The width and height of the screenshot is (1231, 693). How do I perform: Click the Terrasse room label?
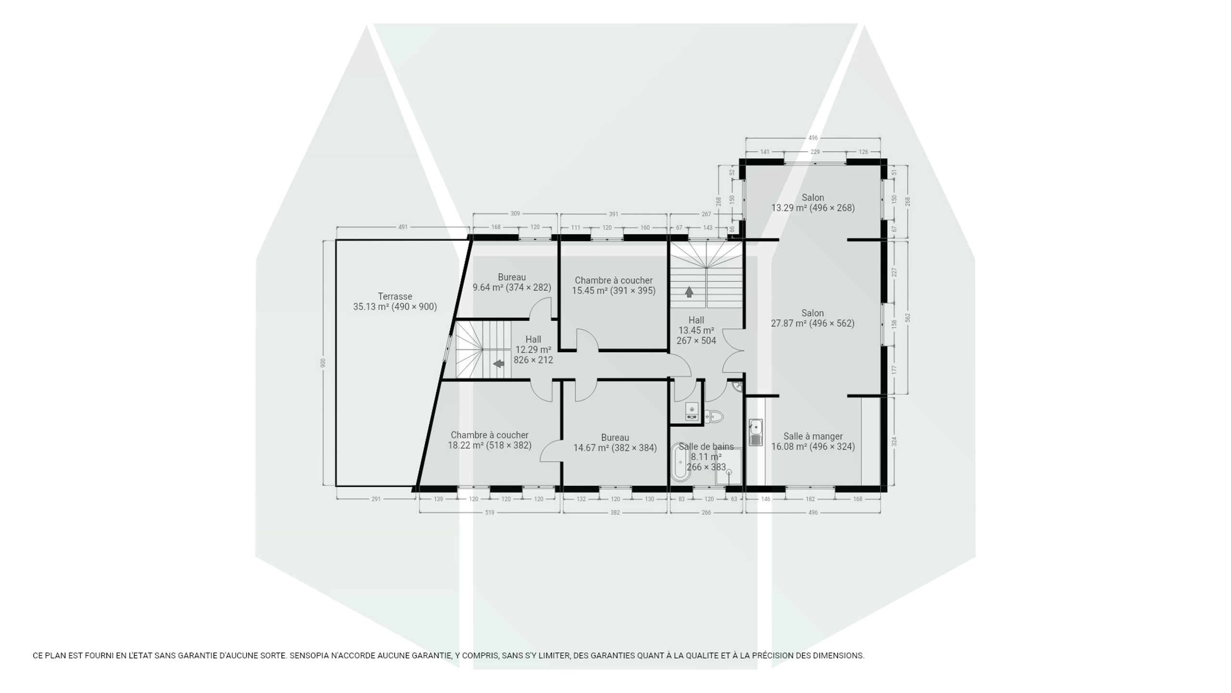(395, 302)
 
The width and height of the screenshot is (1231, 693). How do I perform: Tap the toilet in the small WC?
(714, 416)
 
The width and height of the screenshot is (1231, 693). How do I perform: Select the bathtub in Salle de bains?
(680, 462)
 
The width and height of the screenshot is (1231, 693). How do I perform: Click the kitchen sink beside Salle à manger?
(755, 432)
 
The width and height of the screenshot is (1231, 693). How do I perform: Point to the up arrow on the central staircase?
(689, 292)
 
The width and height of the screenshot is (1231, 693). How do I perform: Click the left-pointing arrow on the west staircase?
(499, 363)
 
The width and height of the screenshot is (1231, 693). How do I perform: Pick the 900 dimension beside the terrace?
(323, 362)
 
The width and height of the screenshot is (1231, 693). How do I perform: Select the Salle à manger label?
(813, 436)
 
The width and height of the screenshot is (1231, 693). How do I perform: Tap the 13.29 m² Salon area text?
(813, 208)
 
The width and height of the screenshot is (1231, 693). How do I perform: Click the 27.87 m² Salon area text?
(813, 323)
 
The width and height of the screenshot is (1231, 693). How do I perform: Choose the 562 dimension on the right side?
(907, 318)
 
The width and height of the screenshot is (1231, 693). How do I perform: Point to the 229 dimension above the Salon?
(815, 152)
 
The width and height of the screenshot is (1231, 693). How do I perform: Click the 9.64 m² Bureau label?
(512, 282)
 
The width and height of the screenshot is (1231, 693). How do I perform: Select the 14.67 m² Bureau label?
(615, 443)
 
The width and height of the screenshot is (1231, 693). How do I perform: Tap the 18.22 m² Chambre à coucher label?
(490, 440)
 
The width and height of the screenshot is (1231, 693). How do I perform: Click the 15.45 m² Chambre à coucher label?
(614, 285)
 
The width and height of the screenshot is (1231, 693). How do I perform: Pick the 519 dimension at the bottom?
(490, 513)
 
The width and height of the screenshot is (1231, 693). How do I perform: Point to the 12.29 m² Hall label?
(533, 349)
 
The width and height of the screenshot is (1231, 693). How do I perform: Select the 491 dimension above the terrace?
(403, 227)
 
